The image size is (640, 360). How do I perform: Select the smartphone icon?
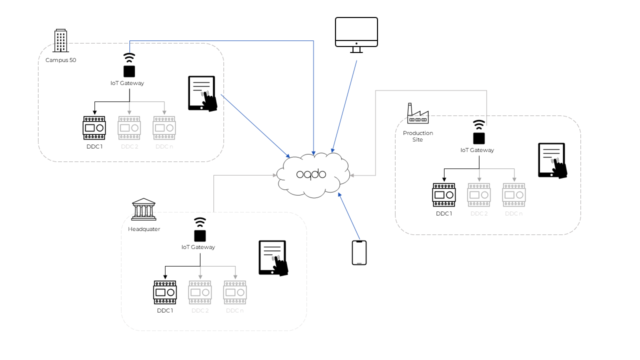359,252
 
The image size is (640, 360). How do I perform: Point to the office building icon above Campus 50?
60,40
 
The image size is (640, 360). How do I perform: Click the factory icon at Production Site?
417,114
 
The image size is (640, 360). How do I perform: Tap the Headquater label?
144,229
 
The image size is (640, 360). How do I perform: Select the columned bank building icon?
143,209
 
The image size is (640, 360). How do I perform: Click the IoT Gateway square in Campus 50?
129,71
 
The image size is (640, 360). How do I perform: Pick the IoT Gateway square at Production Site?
479,138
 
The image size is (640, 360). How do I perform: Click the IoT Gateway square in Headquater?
200,235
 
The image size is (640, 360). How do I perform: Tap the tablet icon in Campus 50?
202,93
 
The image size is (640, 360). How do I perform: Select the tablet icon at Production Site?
552,160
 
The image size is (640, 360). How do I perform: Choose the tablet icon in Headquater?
273,258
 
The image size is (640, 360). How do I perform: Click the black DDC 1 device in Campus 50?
94,128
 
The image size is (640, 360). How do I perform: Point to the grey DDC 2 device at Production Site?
479,195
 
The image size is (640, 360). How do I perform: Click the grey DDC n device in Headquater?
235,292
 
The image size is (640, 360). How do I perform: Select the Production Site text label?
418,136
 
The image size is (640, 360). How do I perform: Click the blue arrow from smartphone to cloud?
349,215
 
